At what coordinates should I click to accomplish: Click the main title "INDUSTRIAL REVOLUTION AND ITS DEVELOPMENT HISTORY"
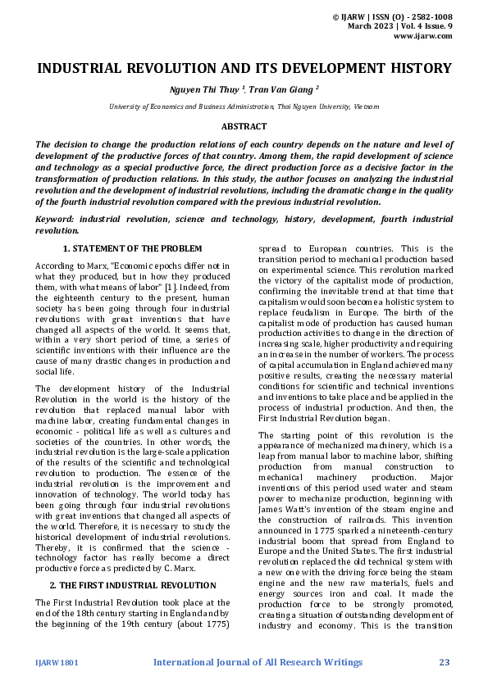pos(244,68)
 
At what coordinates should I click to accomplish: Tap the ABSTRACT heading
pos(244,126)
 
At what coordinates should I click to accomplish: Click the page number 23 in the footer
pos(445,662)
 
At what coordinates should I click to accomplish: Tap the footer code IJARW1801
pos(57,662)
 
